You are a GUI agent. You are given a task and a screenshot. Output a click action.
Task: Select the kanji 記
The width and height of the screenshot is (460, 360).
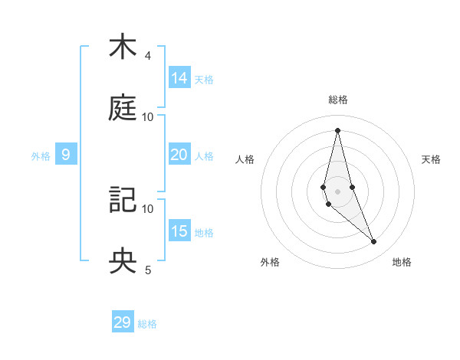pyautogui.click(x=123, y=201)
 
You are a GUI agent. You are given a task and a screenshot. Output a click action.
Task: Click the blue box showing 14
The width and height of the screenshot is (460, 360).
pyautogui.click(x=179, y=78)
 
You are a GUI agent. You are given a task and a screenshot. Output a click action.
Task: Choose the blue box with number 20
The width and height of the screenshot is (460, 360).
pyautogui.click(x=179, y=155)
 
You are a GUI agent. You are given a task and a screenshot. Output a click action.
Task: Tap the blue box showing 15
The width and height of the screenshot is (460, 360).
pyautogui.click(x=179, y=231)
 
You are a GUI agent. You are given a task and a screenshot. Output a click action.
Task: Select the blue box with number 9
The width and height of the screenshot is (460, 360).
pyautogui.click(x=66, y=155)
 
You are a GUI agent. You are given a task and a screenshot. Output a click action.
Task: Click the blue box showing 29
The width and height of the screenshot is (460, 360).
pyautogui.click(x=123, y=322)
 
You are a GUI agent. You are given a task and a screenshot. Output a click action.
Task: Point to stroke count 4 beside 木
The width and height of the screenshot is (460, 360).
pyautogui.click(x=148, y=56)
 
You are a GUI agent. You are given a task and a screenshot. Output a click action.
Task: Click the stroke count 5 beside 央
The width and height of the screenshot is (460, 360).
pyautogui.click(x=148, y=270)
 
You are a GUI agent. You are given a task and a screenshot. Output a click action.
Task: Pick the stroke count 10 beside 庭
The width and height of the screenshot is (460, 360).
pyautogui.click(x=148, y=117)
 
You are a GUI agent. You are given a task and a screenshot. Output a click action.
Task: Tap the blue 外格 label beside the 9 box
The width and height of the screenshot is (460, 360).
pyautogui.click(x=41, y=155)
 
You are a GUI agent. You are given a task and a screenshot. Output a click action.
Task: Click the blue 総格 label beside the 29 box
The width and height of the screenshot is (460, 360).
pyautogui.click(x=147, y=324)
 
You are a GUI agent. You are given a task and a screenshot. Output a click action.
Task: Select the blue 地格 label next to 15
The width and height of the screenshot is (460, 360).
pyautogui.click(x=204, y=232)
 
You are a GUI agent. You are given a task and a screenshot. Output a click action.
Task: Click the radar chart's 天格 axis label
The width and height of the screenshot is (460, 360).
pyautogui.click(x=431, y=159)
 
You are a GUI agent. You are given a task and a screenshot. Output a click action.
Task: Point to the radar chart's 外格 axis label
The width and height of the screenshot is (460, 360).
pyautogui.click(x=270, y=262)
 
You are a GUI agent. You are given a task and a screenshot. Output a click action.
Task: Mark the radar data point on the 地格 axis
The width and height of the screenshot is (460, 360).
pyautogui.click(x=374, y=242)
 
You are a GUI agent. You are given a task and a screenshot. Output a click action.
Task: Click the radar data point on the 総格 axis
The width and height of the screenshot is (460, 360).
pyautogui.click(x=337, y=129)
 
